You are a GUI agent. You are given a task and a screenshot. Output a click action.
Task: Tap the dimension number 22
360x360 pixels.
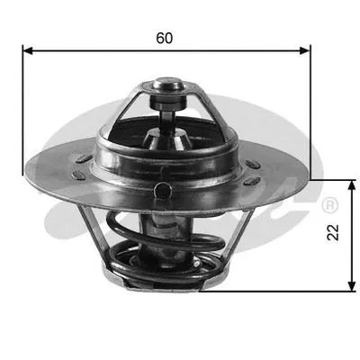click(x=334, y=233)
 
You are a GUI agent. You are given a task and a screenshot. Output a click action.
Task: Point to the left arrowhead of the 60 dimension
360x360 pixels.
click(x=28, y=51)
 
